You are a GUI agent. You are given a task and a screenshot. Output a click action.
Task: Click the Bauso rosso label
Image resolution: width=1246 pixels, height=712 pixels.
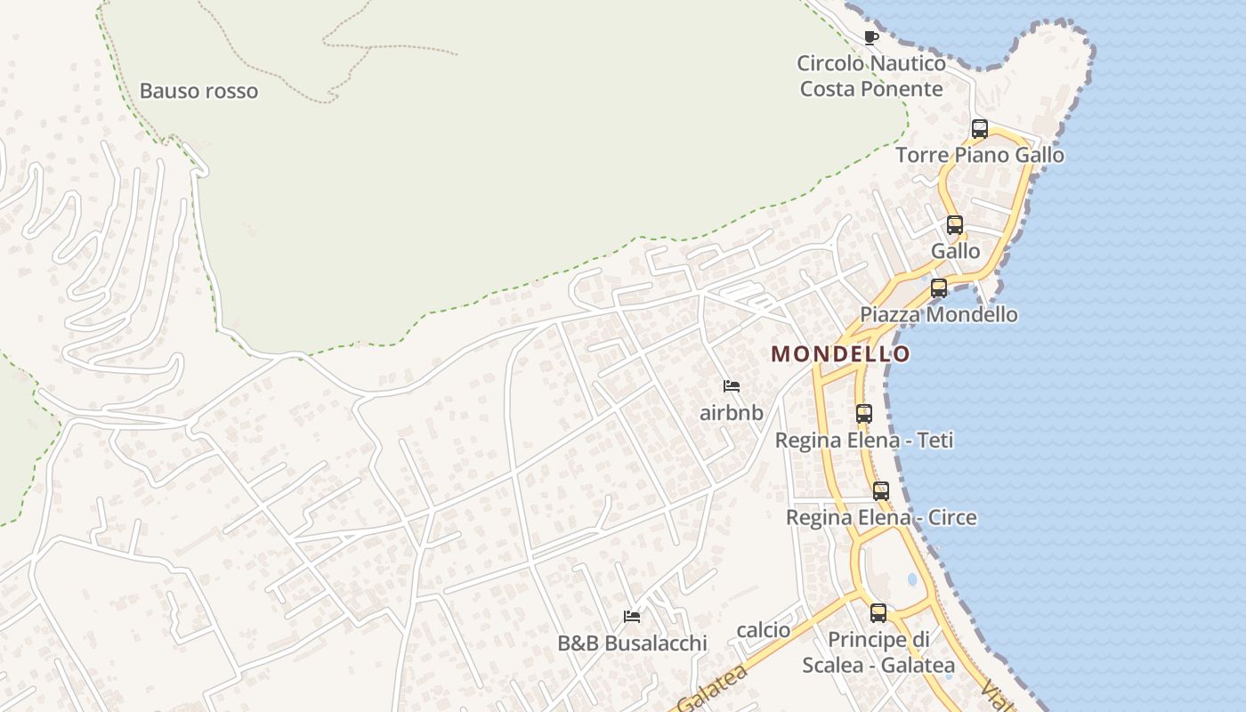click(x=198, y=91)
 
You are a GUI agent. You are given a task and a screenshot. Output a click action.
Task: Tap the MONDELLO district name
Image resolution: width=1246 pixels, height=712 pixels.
click(x=841, y=354)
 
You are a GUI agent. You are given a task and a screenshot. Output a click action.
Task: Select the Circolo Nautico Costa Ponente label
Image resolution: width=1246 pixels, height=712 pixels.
click(x=870, y=77)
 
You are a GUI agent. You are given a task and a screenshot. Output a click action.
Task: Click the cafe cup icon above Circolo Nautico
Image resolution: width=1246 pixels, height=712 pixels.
click(x=871, y=37)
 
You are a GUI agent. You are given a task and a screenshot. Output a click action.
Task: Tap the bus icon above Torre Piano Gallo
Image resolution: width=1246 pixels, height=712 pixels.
click(x=980, y=129)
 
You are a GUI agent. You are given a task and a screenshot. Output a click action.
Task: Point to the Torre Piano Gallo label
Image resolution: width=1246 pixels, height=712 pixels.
click(x=979, y=155)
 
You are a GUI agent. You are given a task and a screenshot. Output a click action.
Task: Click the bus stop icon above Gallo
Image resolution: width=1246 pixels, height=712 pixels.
click(x=955, y=225)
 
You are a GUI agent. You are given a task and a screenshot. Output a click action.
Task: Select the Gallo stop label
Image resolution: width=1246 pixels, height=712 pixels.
click(x=955, y=251)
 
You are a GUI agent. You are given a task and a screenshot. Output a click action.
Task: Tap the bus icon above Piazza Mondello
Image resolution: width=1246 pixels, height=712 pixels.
click(x=939, y=288)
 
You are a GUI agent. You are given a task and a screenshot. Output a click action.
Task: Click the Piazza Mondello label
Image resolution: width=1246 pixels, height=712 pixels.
click(x=938, y=314)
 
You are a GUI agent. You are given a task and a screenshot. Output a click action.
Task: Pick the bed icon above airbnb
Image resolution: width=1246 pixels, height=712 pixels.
click(x=732, y=386)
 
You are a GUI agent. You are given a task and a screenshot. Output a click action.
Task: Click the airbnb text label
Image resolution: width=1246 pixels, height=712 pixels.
click(x=732, y=413)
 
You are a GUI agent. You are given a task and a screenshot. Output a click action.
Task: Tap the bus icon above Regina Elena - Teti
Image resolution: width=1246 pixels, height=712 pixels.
click(x=864, y=414)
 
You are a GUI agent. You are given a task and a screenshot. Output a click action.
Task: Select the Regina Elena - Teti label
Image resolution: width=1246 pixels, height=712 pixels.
click(x=864, y=440)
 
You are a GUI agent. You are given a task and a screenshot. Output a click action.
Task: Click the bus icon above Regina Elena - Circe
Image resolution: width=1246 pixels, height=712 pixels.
click(x=881, y=491)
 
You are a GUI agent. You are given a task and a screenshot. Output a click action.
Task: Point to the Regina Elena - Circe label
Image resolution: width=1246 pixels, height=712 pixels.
click(x=881, y=517)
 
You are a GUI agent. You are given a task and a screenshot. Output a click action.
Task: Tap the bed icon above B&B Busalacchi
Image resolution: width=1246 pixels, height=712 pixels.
click(x=632, y=616)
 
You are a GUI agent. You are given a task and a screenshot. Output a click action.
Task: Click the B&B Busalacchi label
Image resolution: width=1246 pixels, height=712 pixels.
click(x=632, y=643)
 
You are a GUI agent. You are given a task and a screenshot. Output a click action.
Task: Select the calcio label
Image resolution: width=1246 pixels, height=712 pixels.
click(x=764, y=630)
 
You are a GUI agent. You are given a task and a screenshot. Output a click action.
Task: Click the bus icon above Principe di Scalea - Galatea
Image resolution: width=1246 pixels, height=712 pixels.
click(x=878, y=613)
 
